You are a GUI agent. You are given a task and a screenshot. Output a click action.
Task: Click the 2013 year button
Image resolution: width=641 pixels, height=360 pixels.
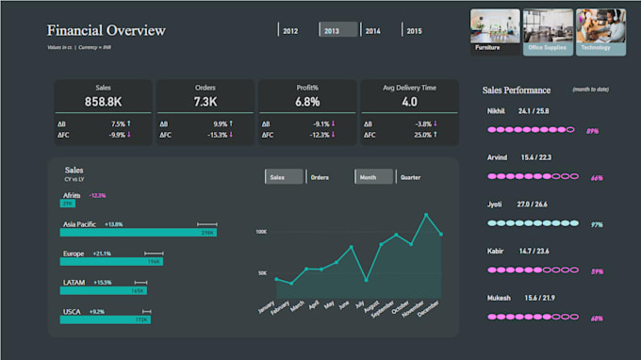click(x=337, y=31)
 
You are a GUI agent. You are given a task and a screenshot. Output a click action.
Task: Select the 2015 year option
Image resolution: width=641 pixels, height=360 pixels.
click(x=414, y=31)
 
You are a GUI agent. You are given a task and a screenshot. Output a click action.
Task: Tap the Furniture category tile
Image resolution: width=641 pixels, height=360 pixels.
click(x=495, y=32)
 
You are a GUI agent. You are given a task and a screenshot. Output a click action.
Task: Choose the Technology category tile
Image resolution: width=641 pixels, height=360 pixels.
click(x=600, y=32)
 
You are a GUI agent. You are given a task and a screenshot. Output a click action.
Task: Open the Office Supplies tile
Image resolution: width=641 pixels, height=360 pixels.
click(x=548, y=32)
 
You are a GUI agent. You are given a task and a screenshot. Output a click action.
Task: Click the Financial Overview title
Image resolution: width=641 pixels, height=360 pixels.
click(x=107, y=31)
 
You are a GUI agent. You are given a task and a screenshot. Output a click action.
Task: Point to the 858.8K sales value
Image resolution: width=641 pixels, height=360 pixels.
click(x=104, y=102)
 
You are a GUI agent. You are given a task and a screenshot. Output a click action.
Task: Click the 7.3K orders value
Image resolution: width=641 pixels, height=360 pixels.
click(x=205, y=102)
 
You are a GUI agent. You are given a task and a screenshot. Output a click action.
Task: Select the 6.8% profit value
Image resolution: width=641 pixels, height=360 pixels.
click(x=307, y=102)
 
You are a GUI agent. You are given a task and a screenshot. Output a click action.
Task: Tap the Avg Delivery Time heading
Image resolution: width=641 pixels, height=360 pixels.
click(x=409, y=87)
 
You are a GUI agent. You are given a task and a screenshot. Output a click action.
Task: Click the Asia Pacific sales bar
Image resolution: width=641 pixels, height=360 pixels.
click(x=138, y=232)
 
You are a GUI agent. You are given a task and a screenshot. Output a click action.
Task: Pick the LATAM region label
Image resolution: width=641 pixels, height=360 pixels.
click(x=74, y=283)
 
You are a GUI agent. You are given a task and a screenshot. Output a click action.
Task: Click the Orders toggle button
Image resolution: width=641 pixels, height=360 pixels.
click(x=320, y=176)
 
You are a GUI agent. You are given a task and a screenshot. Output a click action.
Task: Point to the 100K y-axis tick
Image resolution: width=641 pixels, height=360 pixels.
click(x=260, y=231)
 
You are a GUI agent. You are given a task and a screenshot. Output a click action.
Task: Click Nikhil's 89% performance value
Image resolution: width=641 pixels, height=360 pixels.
click(x=594, y=131)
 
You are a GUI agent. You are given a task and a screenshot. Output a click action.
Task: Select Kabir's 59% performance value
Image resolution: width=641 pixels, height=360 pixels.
click(x=596, y=271)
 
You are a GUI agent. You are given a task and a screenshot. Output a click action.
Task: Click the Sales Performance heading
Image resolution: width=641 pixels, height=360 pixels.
click(x=517, y=90)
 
